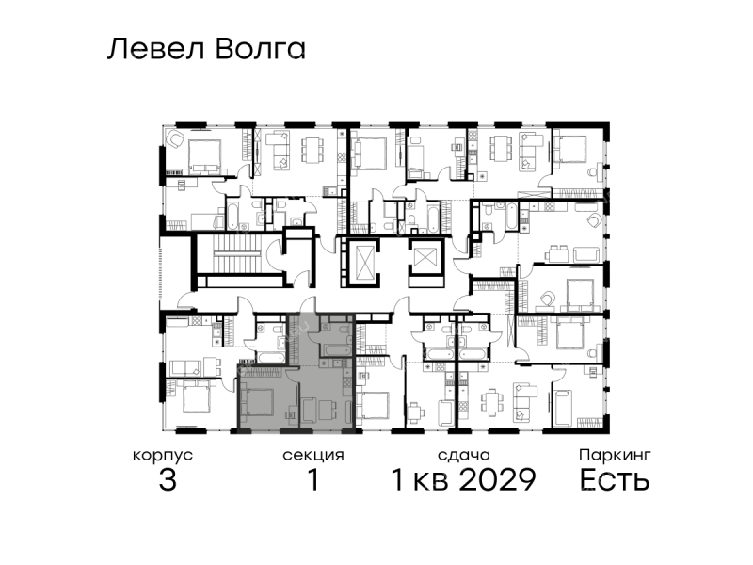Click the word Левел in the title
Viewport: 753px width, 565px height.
tap(155, 50)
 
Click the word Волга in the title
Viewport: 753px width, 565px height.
tap(261, 50)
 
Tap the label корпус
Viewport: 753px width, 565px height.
tap(163, 456)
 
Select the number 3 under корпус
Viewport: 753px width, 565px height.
tap(168, 479)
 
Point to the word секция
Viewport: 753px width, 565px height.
tap(313, 456)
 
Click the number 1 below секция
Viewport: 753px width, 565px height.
tap(313, 479)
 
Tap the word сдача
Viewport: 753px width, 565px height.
tap(464, 455)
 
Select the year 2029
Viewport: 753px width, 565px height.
tap(498, 479)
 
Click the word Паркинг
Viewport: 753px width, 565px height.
tap(615, 455)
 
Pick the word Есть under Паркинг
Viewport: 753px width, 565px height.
tap(615, 479)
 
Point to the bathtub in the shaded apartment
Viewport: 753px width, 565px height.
tap(336, 349)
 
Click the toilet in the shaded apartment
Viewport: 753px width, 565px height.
tap(343, 331)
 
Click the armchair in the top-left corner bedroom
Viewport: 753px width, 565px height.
tap(176, 139)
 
